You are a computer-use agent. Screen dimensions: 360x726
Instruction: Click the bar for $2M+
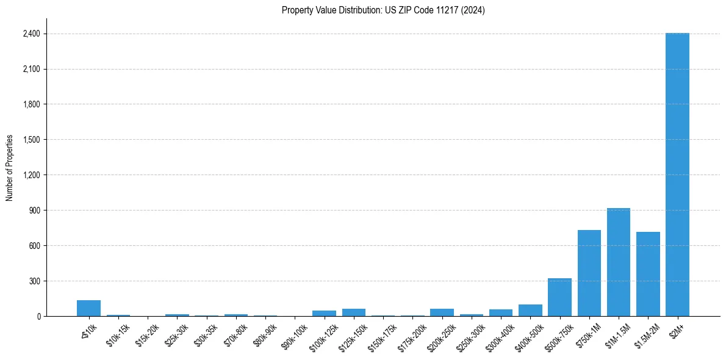[677, 175]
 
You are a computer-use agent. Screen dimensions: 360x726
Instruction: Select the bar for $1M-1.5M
[619, 262]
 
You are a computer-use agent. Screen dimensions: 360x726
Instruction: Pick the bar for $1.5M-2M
[648, 274]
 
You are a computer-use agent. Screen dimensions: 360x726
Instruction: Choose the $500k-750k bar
[559, 297]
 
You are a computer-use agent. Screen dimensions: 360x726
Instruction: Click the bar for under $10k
[88, 308]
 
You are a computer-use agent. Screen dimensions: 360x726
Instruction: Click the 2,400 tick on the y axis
[31, 34]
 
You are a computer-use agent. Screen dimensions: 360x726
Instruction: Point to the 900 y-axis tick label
[34, 211]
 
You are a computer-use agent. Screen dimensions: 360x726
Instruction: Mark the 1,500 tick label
[31, 140]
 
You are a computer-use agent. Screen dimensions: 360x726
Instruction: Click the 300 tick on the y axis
[34, 281]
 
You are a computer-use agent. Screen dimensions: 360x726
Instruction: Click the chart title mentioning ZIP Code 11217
[383, 10]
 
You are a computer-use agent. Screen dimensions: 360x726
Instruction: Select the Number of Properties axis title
[10, 167]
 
